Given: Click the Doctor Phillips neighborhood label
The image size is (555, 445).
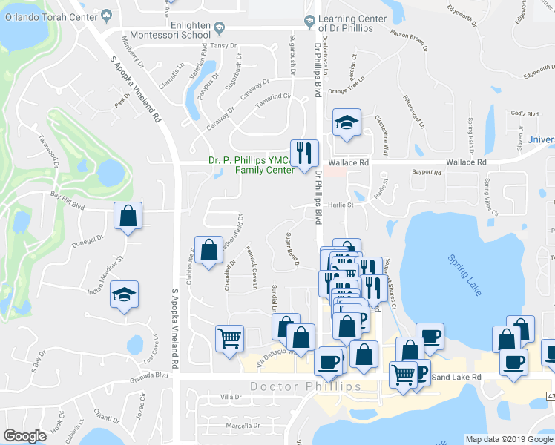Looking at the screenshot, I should point(305,386).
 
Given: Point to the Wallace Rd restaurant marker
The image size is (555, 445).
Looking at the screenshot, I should point(303,154).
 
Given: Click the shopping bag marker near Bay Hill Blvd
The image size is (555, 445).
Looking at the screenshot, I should point(128,217).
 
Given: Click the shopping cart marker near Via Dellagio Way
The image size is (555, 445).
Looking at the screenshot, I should point(229,338).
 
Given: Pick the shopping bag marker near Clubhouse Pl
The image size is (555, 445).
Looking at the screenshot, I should point(209,250).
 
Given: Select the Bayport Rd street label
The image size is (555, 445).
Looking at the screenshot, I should point(427,173).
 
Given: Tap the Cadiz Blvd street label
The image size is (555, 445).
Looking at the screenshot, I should point(525,114).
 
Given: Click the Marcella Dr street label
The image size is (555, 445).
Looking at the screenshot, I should point(243,426).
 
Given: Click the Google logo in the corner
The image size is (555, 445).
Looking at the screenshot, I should point(25,436).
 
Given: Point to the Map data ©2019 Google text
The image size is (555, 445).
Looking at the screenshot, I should point(509,439).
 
